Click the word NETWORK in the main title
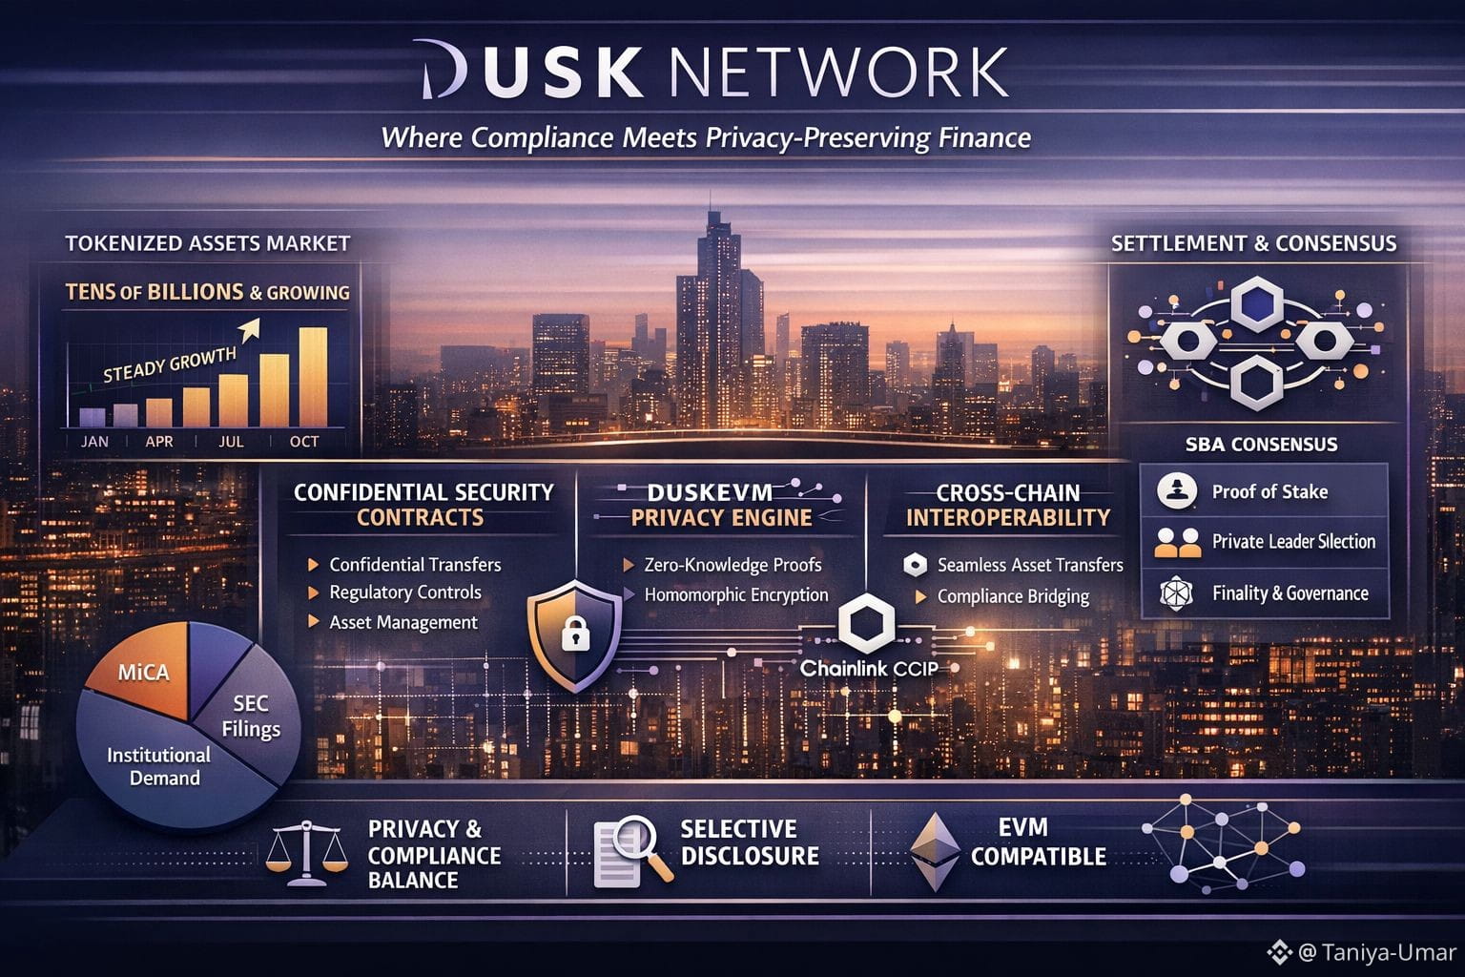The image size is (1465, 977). [838, 71]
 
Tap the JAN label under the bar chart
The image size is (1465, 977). [94, 442]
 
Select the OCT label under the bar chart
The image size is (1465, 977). [304, 442]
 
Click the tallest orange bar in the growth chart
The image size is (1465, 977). [313, 377]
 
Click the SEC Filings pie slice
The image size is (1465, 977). [250, 716]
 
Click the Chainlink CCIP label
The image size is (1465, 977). [869, 669]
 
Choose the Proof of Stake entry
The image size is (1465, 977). [1269, 492]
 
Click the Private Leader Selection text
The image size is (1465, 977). [1293, 542]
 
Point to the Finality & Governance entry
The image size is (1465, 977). [1290, 593]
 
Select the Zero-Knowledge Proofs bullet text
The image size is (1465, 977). [732, 565]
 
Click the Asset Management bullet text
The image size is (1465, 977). [402, 622]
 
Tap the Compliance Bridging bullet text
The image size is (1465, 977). [1013, 596]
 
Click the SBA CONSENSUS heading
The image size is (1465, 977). [1261, 445]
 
